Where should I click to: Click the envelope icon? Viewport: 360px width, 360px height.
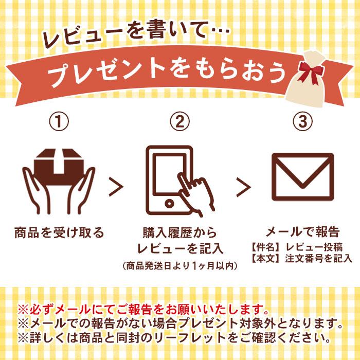coord(302,178)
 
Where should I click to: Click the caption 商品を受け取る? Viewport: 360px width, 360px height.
coord(59,232)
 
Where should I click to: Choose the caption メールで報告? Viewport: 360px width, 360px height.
coord(302,231)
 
